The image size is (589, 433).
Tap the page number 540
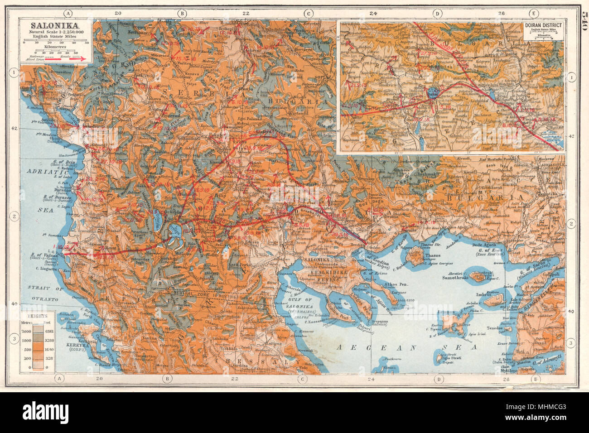pyautogui.click(x=583, y=19)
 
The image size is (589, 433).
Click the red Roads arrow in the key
pyautogui.click(x=80, y=59)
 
